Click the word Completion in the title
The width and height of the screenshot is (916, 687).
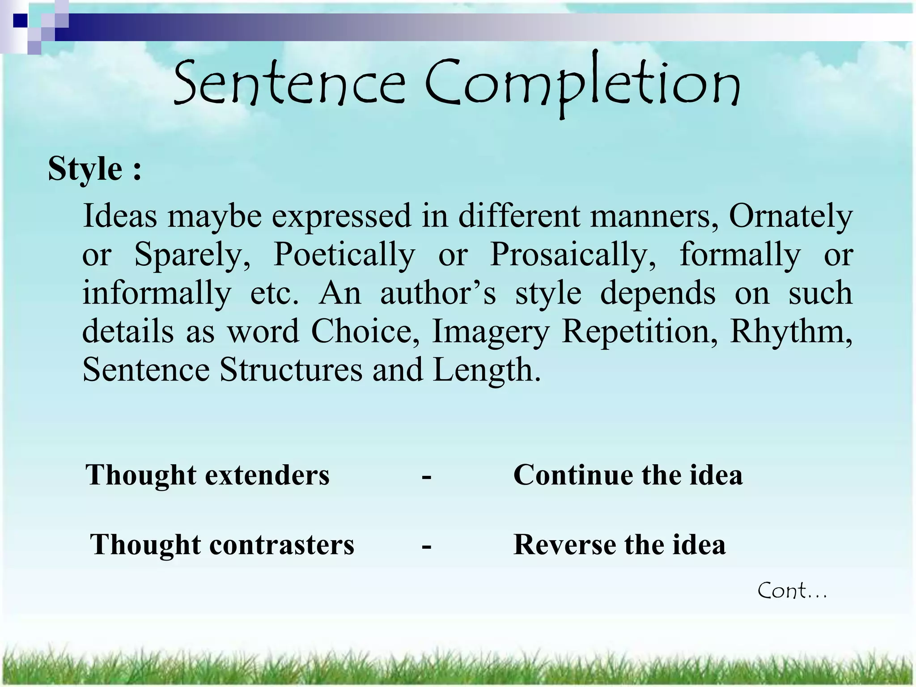tap(582, 85)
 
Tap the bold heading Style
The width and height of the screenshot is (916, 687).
tap(85, 169)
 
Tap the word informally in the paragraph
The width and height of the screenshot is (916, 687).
tap(157, 293)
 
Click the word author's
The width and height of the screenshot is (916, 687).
tap(438, 293)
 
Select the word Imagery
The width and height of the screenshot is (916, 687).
tap(490, 332)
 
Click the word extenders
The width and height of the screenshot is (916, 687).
tap(267, 475)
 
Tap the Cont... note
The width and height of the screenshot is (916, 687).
tap(792, 591)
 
